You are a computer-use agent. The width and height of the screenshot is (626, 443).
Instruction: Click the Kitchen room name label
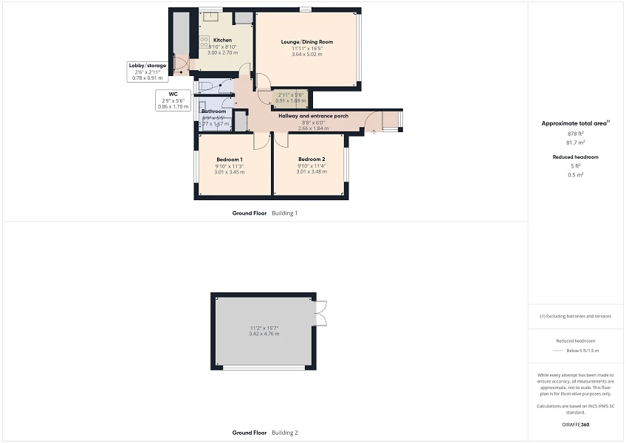(x=222, y=40)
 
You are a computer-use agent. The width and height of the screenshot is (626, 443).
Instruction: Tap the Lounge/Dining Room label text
(x=306, y=42)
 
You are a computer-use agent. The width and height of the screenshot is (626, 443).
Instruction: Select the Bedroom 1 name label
(x=230, y=159)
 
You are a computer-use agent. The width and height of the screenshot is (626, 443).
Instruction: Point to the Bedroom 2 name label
(x=312, y=159)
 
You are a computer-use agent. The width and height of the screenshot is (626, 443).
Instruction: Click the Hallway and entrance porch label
(x=313, y=116)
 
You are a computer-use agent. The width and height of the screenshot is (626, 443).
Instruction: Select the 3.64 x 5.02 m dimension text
(x=306, y=55)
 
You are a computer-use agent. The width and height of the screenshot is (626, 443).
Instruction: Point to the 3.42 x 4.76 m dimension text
(x=264, y=334)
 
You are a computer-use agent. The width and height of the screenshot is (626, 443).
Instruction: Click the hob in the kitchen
(x=204, y=41)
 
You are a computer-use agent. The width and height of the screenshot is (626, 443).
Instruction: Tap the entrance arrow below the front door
(x=373, y=131)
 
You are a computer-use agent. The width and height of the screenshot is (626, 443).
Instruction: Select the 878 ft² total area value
(x=576, y=134)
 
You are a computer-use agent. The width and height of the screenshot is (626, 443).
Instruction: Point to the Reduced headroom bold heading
(x=576, y=157)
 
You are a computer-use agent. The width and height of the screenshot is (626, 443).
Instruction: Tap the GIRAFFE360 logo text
(x=576, y=425)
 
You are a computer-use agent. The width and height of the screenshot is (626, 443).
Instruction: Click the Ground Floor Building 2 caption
(x=264, y=433)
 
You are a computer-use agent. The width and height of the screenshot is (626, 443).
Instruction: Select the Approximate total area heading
(x=574, y=123)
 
